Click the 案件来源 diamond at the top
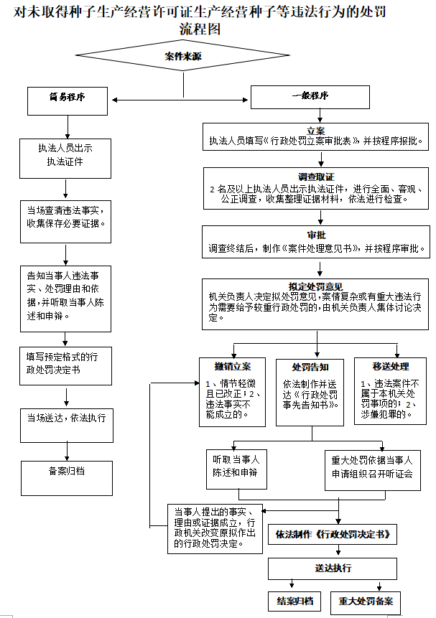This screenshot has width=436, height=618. click(183, 55)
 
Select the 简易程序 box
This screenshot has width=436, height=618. click(67, 99)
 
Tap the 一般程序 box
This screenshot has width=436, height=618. click(310, 96)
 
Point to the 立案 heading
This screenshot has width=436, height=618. click(316, 131)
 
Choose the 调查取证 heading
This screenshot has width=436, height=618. click(316, 177)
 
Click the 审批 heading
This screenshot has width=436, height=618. click(316, 235)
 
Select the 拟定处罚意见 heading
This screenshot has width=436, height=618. click(316, 286)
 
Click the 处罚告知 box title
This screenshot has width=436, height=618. click(310, 366)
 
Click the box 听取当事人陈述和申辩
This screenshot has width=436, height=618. click(235, 467)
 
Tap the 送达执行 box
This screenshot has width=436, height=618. click(333, 568)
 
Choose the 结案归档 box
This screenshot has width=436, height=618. click(295, 601)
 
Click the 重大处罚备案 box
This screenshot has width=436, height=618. click(366, 601)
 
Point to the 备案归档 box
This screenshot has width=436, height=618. click(66, 472)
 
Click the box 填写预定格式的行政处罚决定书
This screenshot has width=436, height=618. click(66, 363)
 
